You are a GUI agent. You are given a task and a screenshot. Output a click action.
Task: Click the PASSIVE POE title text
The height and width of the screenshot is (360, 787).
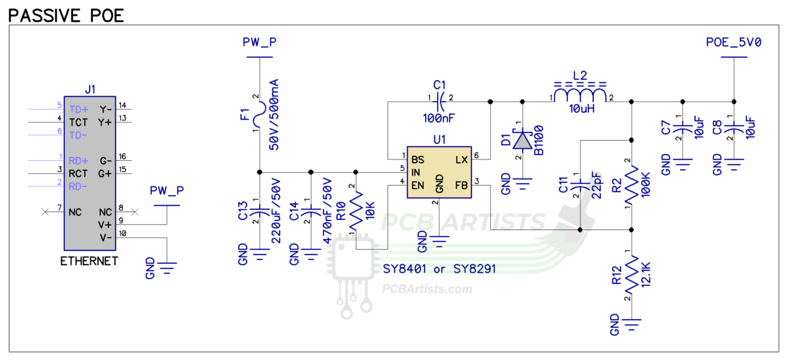[67, 15]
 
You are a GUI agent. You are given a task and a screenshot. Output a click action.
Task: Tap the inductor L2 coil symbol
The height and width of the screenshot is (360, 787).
[579, 92]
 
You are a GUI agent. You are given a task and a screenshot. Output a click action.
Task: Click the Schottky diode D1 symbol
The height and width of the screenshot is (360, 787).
[522, 140]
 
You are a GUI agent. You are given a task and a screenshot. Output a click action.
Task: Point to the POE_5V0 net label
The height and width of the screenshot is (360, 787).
[733, 42]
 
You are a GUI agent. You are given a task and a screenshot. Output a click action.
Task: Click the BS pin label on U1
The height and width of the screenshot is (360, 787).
[418, 160]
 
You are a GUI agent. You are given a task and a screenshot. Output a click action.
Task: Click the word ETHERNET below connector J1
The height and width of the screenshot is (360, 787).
[89, 261]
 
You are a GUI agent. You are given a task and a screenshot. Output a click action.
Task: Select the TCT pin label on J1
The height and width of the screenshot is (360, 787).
[78, 122]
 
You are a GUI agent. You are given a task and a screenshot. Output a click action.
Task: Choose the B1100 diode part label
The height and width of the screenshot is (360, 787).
[538, 140]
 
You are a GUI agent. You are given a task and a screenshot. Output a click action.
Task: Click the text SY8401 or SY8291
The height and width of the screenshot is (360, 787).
[439, 269]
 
